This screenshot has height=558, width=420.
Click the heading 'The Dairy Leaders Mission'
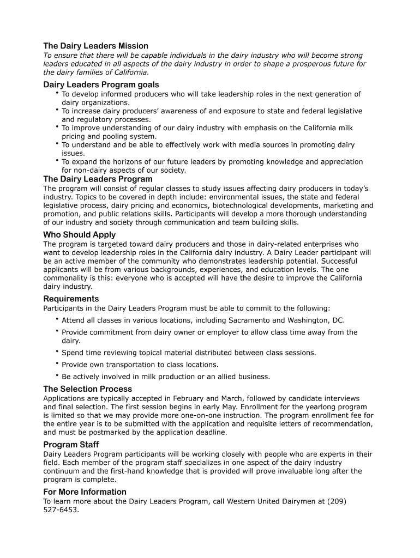coord(95,46)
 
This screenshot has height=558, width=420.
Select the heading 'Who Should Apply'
coord(80,235)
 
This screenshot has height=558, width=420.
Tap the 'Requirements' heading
coord(71,299)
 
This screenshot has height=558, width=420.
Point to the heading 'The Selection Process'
coord(87,389)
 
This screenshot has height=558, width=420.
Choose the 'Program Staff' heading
coord(71,445)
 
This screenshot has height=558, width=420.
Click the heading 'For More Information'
coord(85,492)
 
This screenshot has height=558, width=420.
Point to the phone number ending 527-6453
coord(61,511)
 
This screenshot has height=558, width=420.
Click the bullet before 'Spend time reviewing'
coord(56,351)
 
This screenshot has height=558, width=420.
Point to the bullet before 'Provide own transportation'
coord(56,363)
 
